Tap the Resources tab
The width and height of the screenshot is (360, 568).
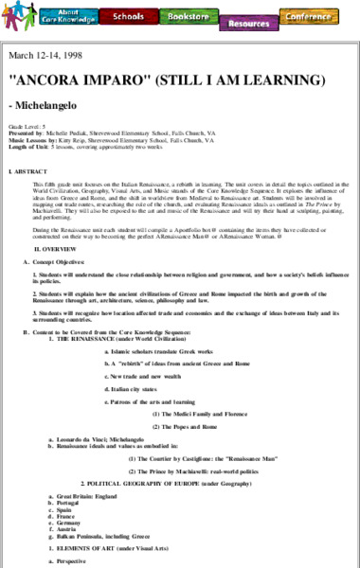pyautogui.click(x=248, y=20)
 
